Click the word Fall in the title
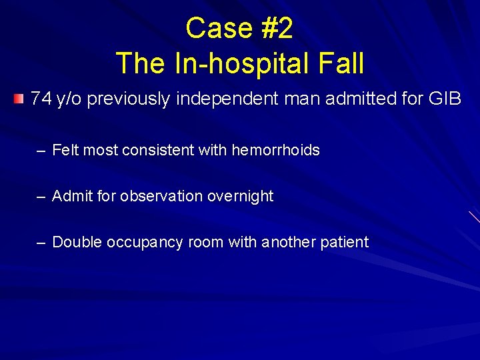[x=339, y=64]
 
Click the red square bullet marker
[x=18, y=99]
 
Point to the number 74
[x=41, y=99]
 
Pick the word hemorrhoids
[x=275, y=150]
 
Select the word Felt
[x=65, y=150]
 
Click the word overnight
[x=240, y=196]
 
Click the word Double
[x=75, y=242]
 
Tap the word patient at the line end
[x=344, y=242]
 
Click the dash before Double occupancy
[x=41, y=242]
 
